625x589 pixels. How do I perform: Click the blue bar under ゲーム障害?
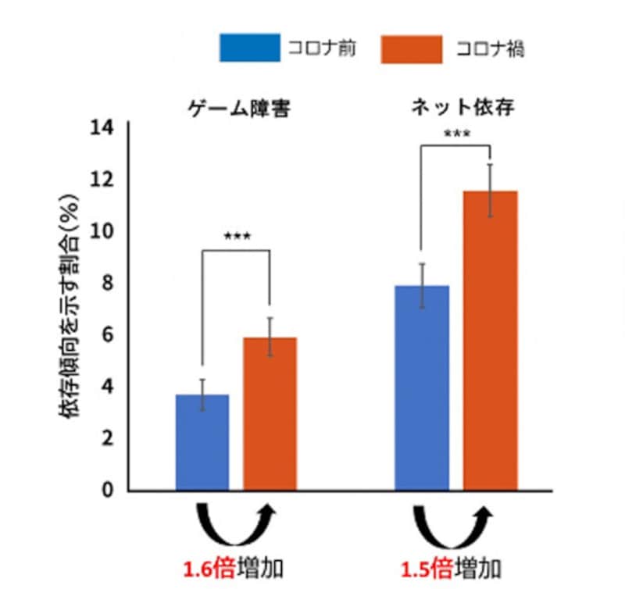click(x=202, y=442)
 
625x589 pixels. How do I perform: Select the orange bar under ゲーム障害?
click(x=270, y=414)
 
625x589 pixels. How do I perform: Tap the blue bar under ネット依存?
click(x=422, y=388)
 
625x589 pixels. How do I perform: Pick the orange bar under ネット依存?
click(x=490, y=341)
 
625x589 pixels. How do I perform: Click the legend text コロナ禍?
click(x=490, y=49)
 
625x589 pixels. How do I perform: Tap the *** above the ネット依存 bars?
click(x=457, y=134)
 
